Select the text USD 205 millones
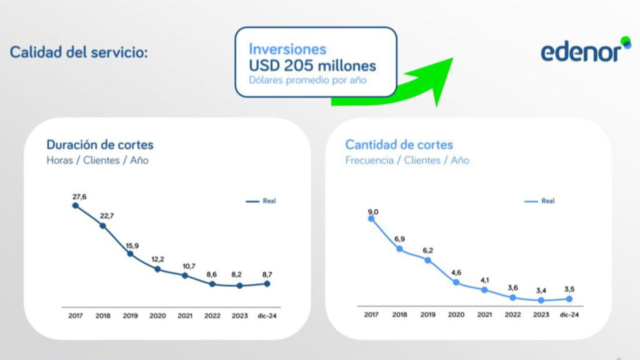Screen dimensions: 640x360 point(312,65)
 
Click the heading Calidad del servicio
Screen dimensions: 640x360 point(79,52)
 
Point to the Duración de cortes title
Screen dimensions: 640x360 point(100,144)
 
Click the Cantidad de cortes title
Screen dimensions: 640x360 point(399,144)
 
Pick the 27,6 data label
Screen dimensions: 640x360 point(79,197)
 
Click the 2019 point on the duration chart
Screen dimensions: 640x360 point(130,254)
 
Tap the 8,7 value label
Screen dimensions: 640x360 point(267,274)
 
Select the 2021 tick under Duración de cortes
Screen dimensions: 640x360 point(185,316)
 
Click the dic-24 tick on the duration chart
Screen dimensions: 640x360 point(267,316)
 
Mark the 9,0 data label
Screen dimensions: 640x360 point(373,212)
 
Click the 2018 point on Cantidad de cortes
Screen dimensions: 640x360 point(399,249)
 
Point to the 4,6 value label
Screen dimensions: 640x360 point(456,272)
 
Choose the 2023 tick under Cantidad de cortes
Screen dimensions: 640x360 point(541,314)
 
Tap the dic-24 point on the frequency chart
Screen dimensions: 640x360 point(569,299)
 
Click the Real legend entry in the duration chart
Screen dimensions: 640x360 point(261,201)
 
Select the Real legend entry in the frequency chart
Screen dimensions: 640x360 point(539,201)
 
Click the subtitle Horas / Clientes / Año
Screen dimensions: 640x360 point(97,160)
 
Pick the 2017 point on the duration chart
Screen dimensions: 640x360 point(75,205)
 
